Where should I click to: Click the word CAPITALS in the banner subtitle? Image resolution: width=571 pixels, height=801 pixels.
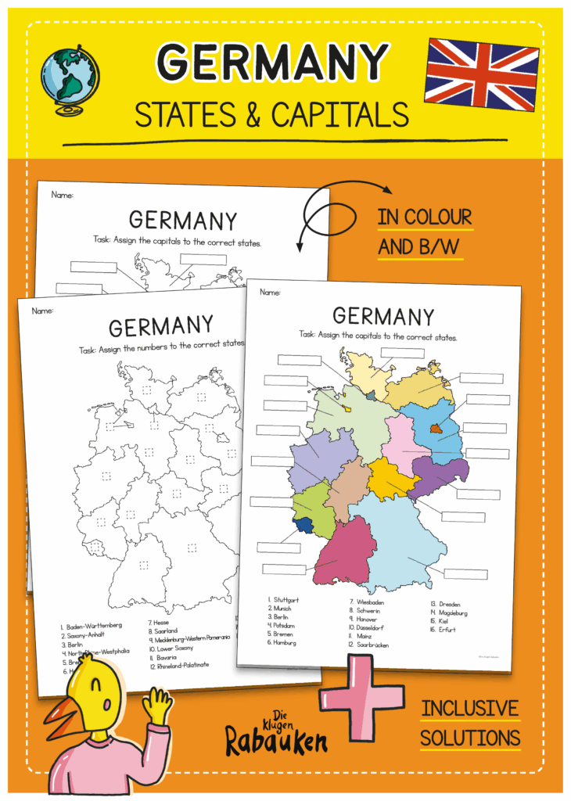[340, 115]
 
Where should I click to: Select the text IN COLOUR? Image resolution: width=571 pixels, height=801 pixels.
[425, 217]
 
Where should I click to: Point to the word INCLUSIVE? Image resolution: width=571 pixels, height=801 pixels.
[469, 709]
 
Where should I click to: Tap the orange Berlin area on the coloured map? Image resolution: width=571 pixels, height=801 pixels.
[435, 429]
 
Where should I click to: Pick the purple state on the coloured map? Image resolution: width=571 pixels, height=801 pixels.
[438, 474]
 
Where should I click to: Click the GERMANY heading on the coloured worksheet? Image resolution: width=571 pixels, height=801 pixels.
[382, 317]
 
